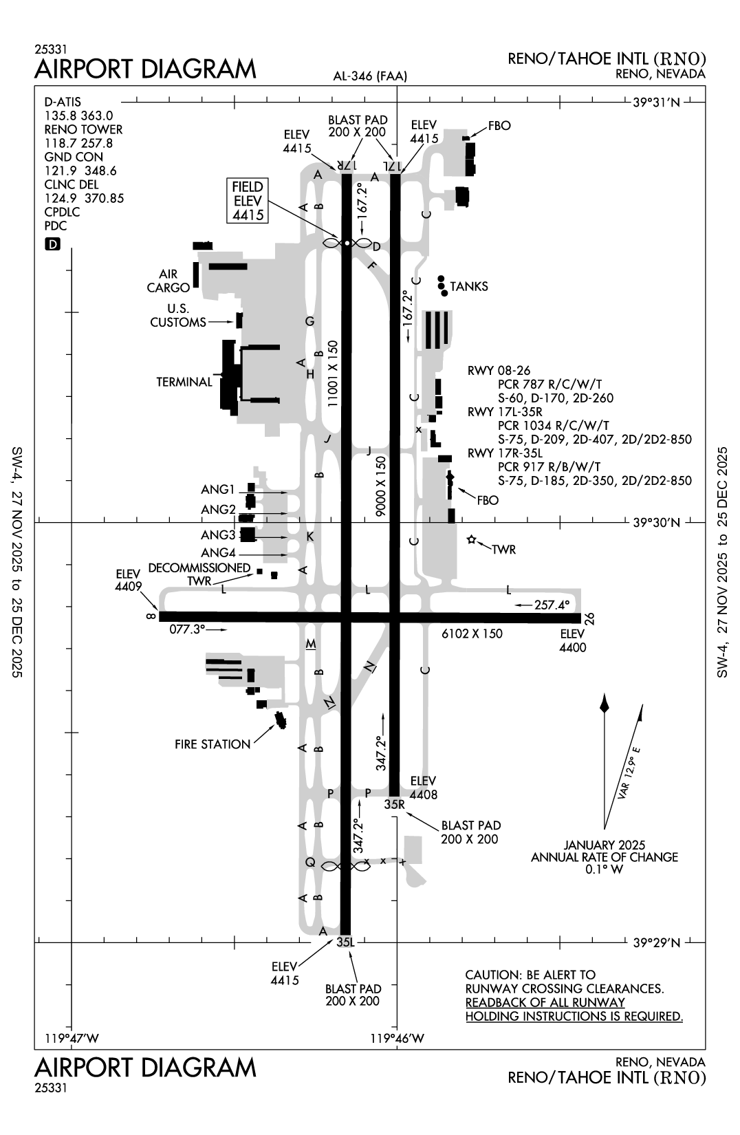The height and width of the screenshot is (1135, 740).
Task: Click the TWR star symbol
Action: coord(472,540)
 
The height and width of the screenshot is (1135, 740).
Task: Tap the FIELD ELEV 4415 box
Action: coord(248,201)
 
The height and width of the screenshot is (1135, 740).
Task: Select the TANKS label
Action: coord(469,286)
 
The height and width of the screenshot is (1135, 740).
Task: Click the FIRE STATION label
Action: coord(213,744)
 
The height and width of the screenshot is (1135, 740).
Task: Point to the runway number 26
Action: coord(589,618)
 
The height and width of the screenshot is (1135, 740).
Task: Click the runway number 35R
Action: coord(395,803)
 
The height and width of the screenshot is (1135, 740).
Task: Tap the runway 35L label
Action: coord(345,942)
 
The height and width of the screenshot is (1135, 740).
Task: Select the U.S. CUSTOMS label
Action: coord(178,316)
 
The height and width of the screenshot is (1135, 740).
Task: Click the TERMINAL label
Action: coord(184,382)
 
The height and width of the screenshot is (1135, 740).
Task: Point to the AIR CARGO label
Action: coord(168,281)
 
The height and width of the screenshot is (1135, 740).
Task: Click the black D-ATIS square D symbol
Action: coord(52,244)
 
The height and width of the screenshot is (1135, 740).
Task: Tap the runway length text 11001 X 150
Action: coord(334,374)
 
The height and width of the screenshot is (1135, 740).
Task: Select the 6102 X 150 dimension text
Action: coord(472,634)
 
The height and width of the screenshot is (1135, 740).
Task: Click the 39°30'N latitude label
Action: coord(656,523)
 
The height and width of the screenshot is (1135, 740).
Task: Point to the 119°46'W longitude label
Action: coord(398,1039)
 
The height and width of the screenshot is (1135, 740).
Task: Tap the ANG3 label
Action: coord(218,535)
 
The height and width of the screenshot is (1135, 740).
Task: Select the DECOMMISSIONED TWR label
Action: coord(199,574)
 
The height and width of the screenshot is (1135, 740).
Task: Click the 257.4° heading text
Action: coord(552,605)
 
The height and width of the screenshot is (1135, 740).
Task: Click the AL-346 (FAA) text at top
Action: coord(370,76)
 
